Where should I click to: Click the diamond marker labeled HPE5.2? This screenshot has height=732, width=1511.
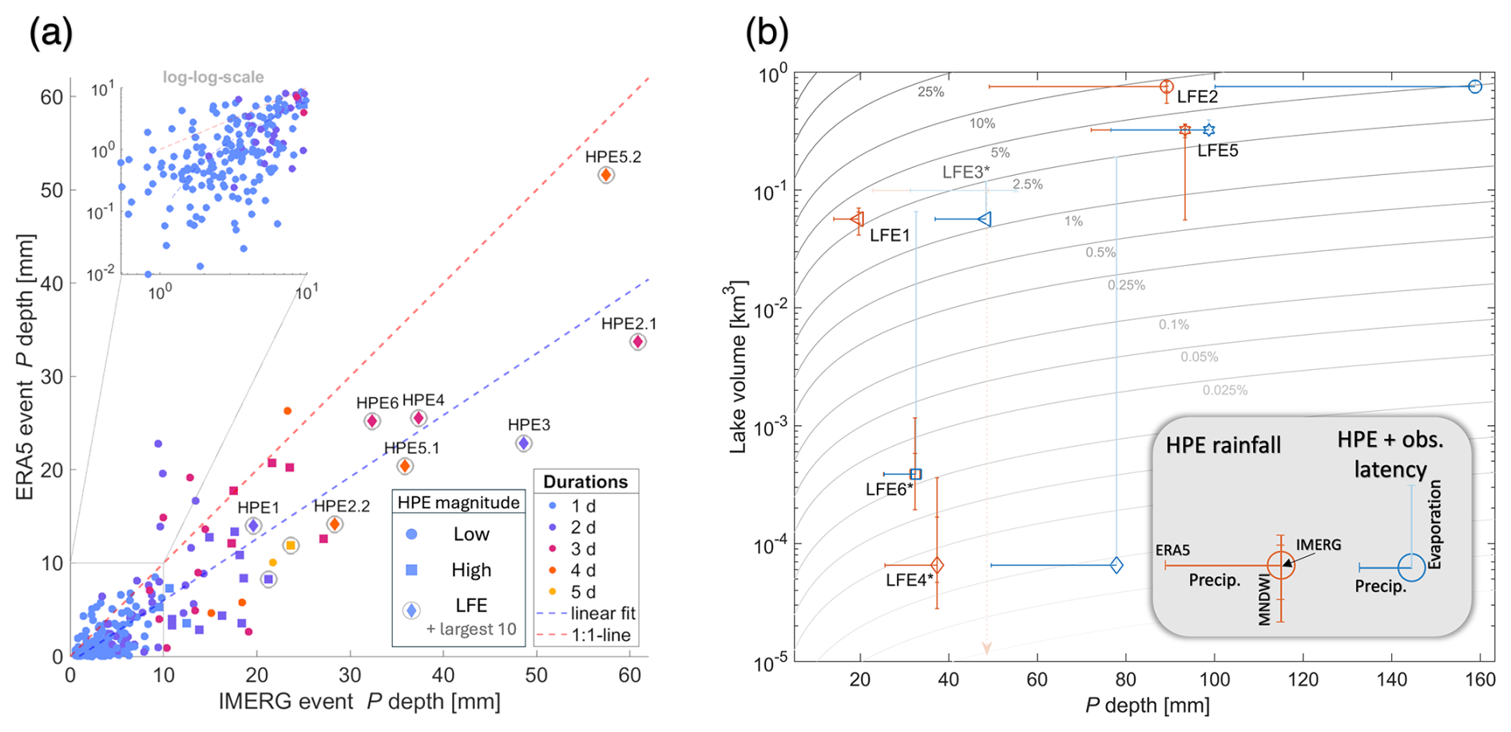click(x=606, y=175)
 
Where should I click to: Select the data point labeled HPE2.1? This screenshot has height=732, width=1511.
click(x=637, y=342)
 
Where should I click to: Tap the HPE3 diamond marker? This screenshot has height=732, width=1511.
click(x=523, y=443)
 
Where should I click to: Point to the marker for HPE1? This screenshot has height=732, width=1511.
click(x=253, y=526)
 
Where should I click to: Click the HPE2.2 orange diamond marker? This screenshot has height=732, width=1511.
click(x=335, y=524)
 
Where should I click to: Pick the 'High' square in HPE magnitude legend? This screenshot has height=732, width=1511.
click(x=412, y=570)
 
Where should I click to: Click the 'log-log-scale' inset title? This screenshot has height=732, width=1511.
click(x=213, y=78)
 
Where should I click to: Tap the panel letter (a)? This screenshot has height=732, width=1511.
click(x=51, y=34)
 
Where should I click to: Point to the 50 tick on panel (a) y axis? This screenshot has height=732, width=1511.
click(x=52, y=190)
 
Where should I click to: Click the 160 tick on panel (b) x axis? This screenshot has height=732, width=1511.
click(x=1480, y=680)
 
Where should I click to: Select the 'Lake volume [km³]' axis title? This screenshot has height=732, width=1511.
click(x=738, y=367)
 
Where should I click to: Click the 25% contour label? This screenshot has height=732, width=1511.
click(x=930, y=92)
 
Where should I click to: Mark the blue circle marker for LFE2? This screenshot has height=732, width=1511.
click(x=1475, y=86)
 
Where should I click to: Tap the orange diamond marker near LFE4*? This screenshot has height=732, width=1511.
click(x=937, y=565)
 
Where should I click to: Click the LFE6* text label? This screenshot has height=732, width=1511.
click(x=889, y=489)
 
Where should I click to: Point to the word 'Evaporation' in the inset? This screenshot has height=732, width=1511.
click(x=1435, y=524)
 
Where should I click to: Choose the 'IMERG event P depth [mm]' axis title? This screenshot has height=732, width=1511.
click(x=359, y=702)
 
